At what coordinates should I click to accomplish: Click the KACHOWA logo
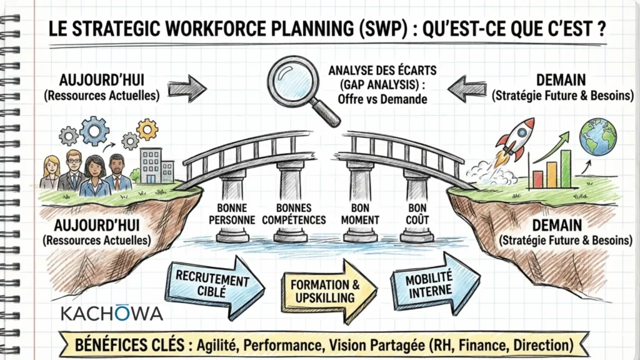(112, 312)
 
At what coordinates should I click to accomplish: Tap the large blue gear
(94, 131)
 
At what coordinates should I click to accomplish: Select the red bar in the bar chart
(537, 179)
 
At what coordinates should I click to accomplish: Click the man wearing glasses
(73, 170)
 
